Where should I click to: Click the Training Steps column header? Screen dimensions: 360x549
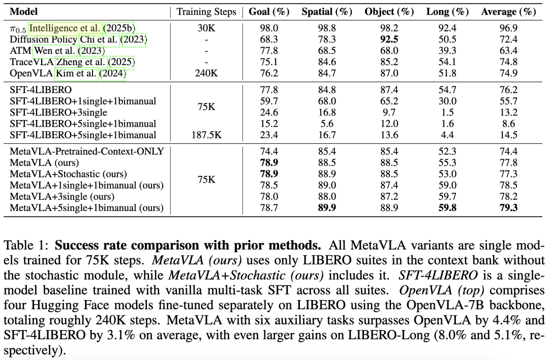(207, 12)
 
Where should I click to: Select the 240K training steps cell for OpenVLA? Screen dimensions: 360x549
(207, 73)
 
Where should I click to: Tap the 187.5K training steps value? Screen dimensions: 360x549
(207, 135)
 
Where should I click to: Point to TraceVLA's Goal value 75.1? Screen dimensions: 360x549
(269, 62)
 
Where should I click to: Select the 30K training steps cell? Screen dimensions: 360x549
(207, 28)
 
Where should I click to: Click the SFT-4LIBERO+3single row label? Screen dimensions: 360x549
(57, 112)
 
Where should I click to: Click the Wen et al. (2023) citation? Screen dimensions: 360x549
(69, 50)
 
